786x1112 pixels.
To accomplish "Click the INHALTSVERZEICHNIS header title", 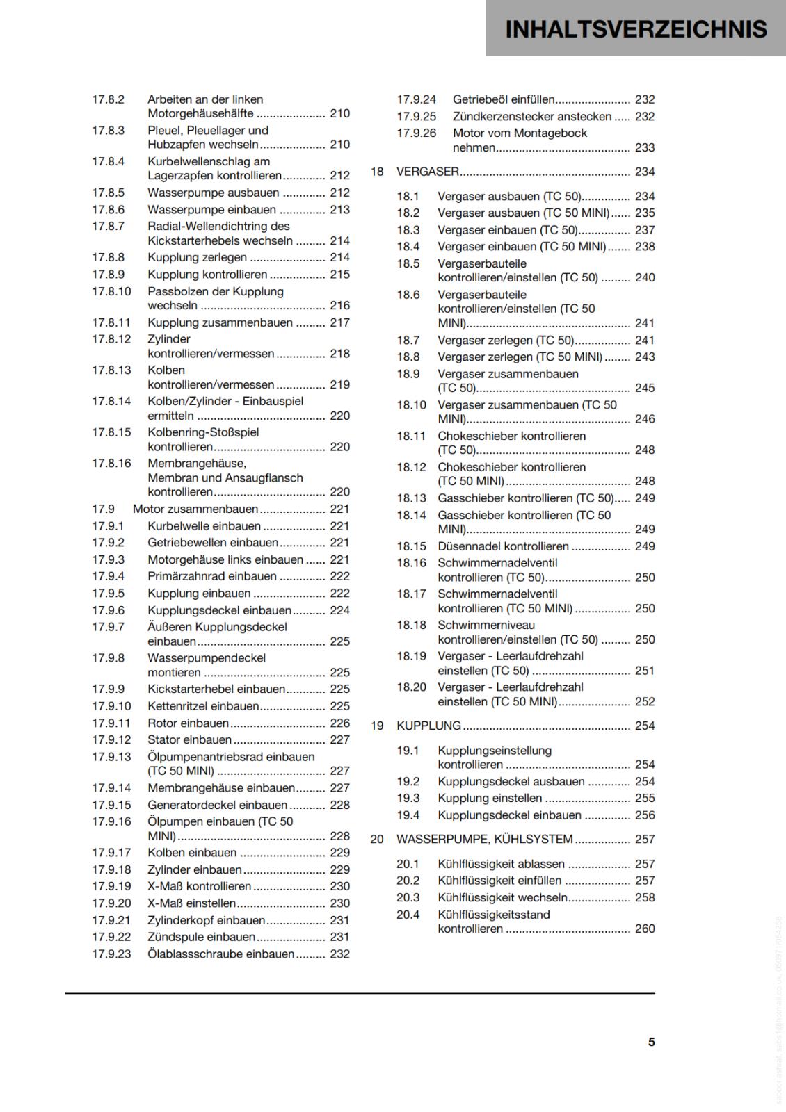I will pos(636,28).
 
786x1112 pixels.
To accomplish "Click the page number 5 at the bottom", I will pos(651,1042).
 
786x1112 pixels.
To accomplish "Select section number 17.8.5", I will pos(108,193).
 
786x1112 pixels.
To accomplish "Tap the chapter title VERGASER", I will pos(428,172).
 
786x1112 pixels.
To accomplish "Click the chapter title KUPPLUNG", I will pos(428,726).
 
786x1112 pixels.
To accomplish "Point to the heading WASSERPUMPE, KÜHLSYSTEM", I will pos(485,839).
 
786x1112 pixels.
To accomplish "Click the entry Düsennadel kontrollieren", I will pos(503,546).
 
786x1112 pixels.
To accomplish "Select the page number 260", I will pos(645,929).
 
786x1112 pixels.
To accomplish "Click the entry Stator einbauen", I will pos(189,739).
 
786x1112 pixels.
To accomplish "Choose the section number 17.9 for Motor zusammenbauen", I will pos(103,509).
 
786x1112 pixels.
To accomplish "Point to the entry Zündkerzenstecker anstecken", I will pos(532,116).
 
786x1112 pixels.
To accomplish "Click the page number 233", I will pos(645,147).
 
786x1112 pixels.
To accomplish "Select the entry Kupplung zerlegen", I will pos(197,257).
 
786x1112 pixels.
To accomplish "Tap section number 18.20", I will pos(411,687).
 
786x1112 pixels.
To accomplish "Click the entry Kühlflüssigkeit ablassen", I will pos(501,864).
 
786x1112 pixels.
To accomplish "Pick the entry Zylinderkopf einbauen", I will pos(206,920).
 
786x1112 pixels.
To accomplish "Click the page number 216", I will pos(339,305).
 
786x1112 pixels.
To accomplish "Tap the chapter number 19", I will pos(377,726).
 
